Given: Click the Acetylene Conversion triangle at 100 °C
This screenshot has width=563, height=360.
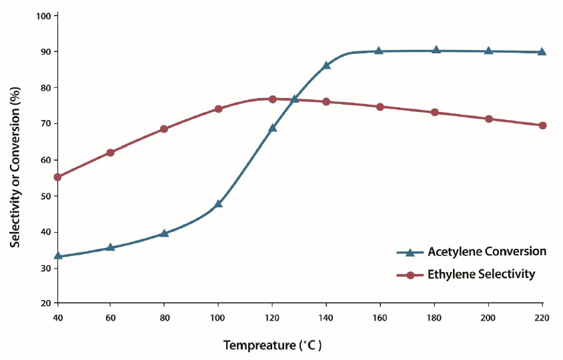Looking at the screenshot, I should tap(218, 203).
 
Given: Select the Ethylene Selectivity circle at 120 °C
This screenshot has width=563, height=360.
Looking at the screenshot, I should tap(272, 99).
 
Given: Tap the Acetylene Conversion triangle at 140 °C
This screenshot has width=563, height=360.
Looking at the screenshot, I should tap(326, 65).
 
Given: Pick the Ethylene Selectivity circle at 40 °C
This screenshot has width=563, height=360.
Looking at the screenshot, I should tap(57, 177).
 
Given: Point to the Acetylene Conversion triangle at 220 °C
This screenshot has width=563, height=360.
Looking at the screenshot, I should tap(542, 51).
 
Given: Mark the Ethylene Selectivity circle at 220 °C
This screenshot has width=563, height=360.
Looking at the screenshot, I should tap(542, 125).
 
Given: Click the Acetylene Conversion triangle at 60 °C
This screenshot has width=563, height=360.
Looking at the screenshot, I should tap(111, 247).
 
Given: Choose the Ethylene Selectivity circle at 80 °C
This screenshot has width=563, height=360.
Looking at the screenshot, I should tap(164, 129).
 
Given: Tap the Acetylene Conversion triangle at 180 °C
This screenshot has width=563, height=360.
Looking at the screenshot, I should tap(436, 50).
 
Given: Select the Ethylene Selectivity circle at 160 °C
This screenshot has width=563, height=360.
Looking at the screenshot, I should tap(380, 107).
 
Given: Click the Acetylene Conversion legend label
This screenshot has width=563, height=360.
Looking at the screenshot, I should tap(487, 251).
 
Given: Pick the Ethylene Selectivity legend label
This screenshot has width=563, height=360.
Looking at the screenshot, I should tap(482, 274).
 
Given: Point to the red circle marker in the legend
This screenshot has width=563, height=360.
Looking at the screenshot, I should tap(410, 275).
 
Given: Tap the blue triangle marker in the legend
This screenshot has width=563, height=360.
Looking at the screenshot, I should tap(410, 252).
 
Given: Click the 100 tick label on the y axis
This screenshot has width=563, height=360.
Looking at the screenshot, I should tap(44, 15).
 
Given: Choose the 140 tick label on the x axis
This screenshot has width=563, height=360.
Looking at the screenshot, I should tap(326, 317).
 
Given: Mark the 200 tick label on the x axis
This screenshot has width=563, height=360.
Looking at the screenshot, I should tap(488, 317).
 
